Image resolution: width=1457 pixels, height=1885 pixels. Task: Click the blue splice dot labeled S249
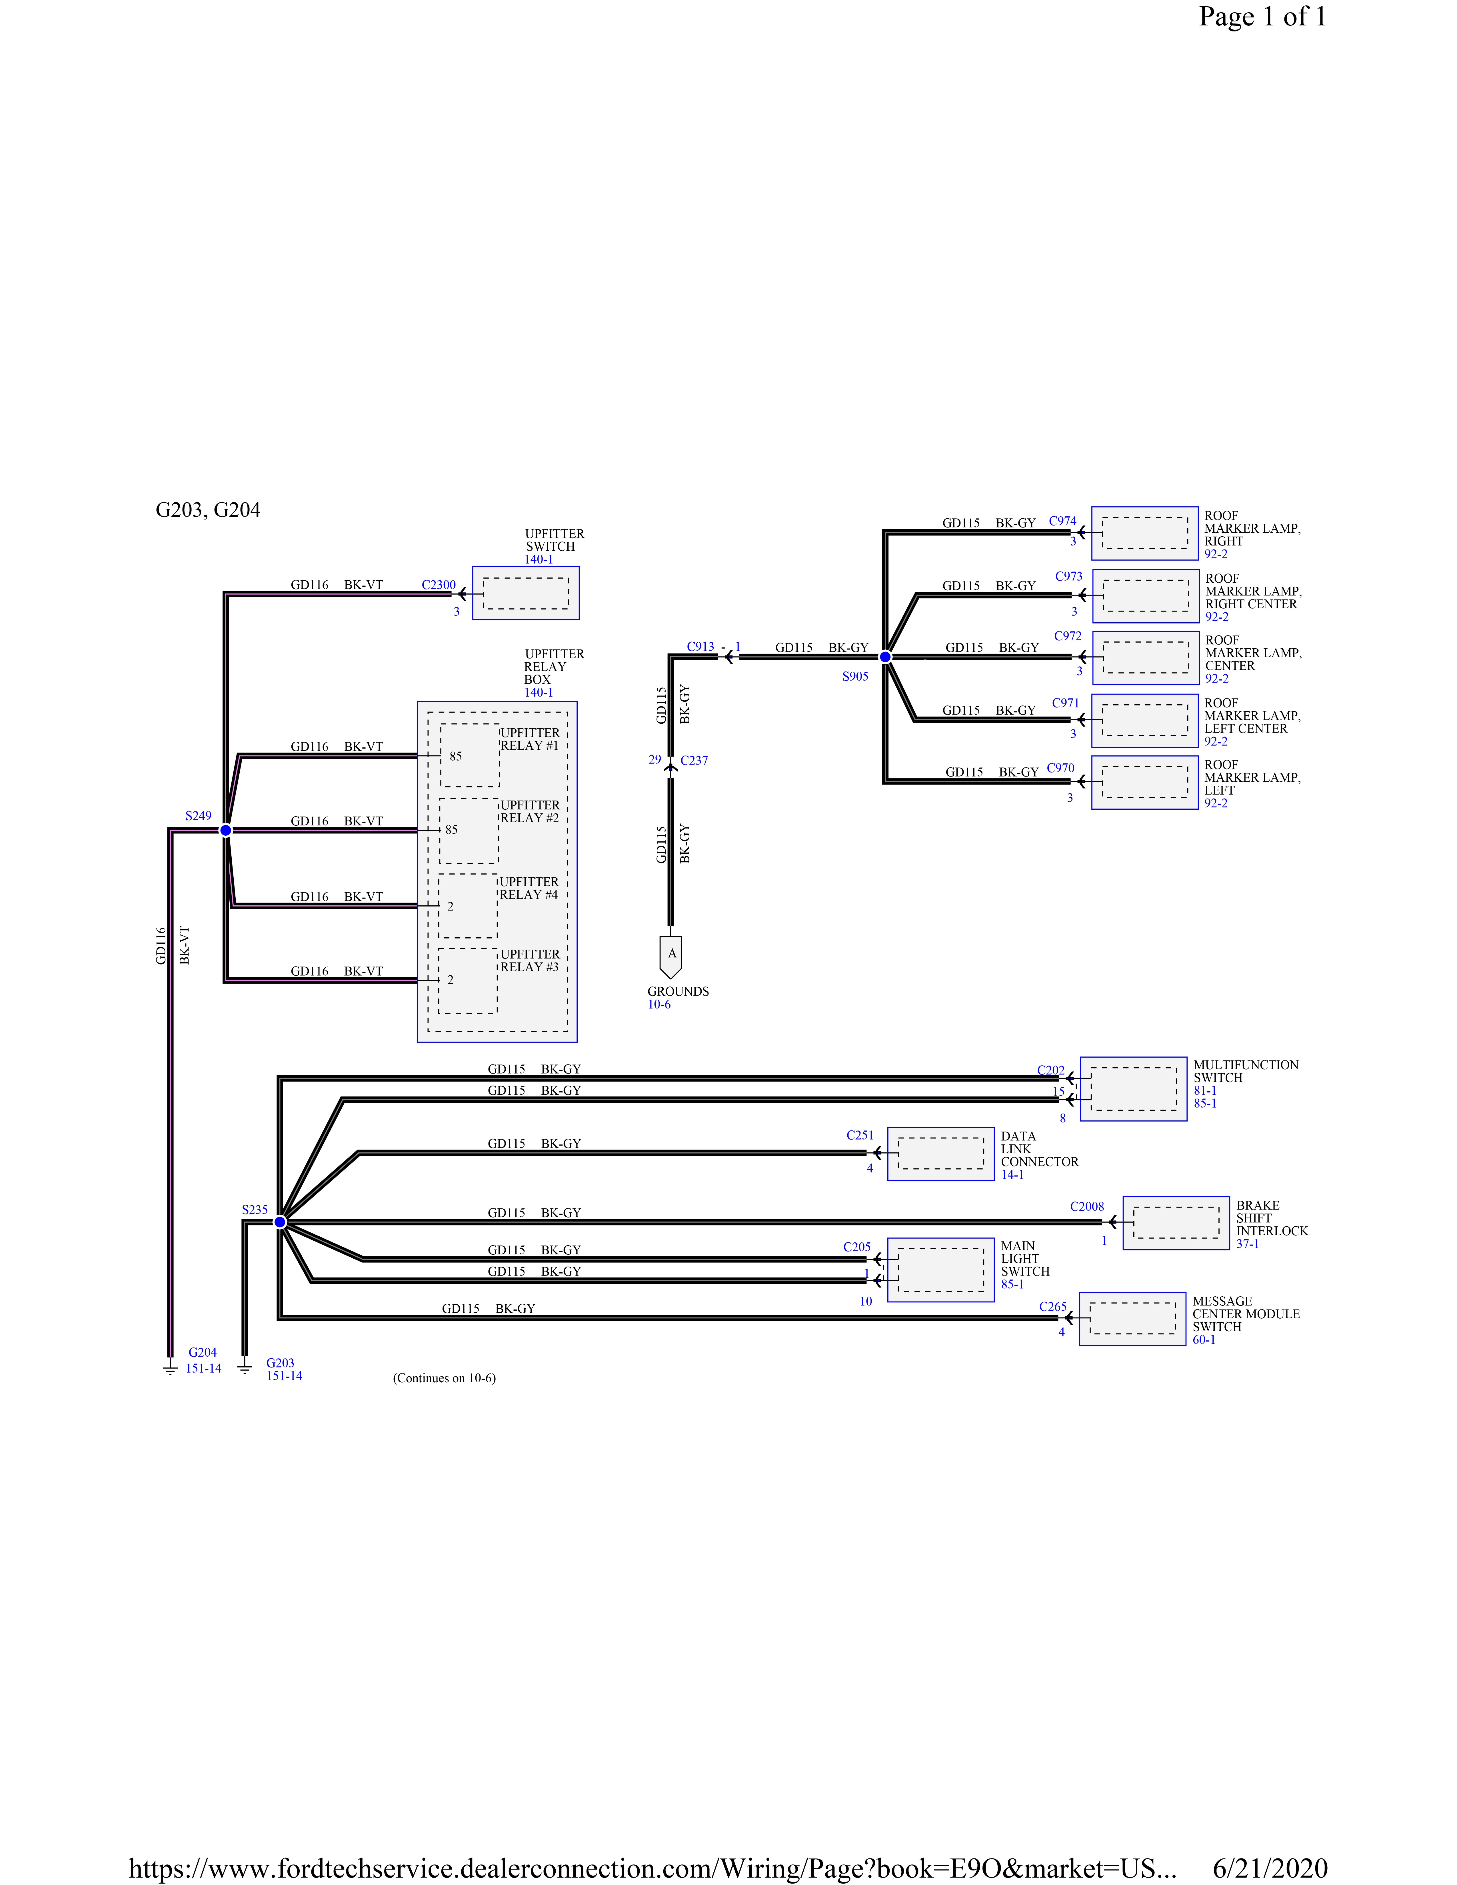pos(225,830)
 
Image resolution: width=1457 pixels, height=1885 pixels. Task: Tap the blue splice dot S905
pos(885,657)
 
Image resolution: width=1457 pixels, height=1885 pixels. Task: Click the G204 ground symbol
pos(170,1368)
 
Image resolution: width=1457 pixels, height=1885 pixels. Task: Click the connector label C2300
pos(439,585)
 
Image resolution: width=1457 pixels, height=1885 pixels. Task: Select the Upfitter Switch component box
pos(526,593)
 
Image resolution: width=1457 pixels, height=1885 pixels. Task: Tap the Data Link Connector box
pos(941,1154)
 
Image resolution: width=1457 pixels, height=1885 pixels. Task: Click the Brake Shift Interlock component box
pos(1176,1223)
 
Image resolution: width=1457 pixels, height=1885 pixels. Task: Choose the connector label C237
pos(694,760)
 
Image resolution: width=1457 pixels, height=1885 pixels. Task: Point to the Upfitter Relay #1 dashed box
pos(470,755)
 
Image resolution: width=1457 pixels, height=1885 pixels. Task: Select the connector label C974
pos(1062,521)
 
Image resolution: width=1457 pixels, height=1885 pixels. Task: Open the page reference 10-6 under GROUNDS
pos(659,1005)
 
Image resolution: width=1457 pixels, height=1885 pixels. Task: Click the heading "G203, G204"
pos(208,510)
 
